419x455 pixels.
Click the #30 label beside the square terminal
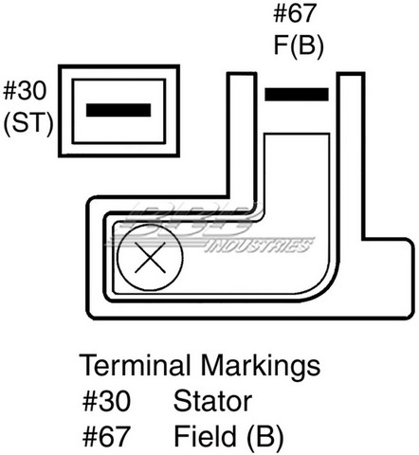(25, 91)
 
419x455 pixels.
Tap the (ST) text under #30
(28, 124)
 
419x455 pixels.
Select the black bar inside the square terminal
(118, 110)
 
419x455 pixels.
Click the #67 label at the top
(295, 13)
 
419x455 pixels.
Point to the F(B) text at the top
(299, 46)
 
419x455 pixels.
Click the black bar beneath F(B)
(297, 95)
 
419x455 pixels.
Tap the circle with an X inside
(150, 258)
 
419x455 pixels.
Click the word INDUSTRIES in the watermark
(259, 246)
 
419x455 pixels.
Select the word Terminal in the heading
(135, 365)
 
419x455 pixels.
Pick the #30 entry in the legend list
(106, 401)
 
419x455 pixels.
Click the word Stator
(212, 401)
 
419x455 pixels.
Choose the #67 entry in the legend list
(106, 436)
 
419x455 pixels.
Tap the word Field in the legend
(205, 436)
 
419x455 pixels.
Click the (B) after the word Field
(264, 437)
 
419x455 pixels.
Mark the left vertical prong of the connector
(242, 139)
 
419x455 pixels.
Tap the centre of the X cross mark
(150, 258)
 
